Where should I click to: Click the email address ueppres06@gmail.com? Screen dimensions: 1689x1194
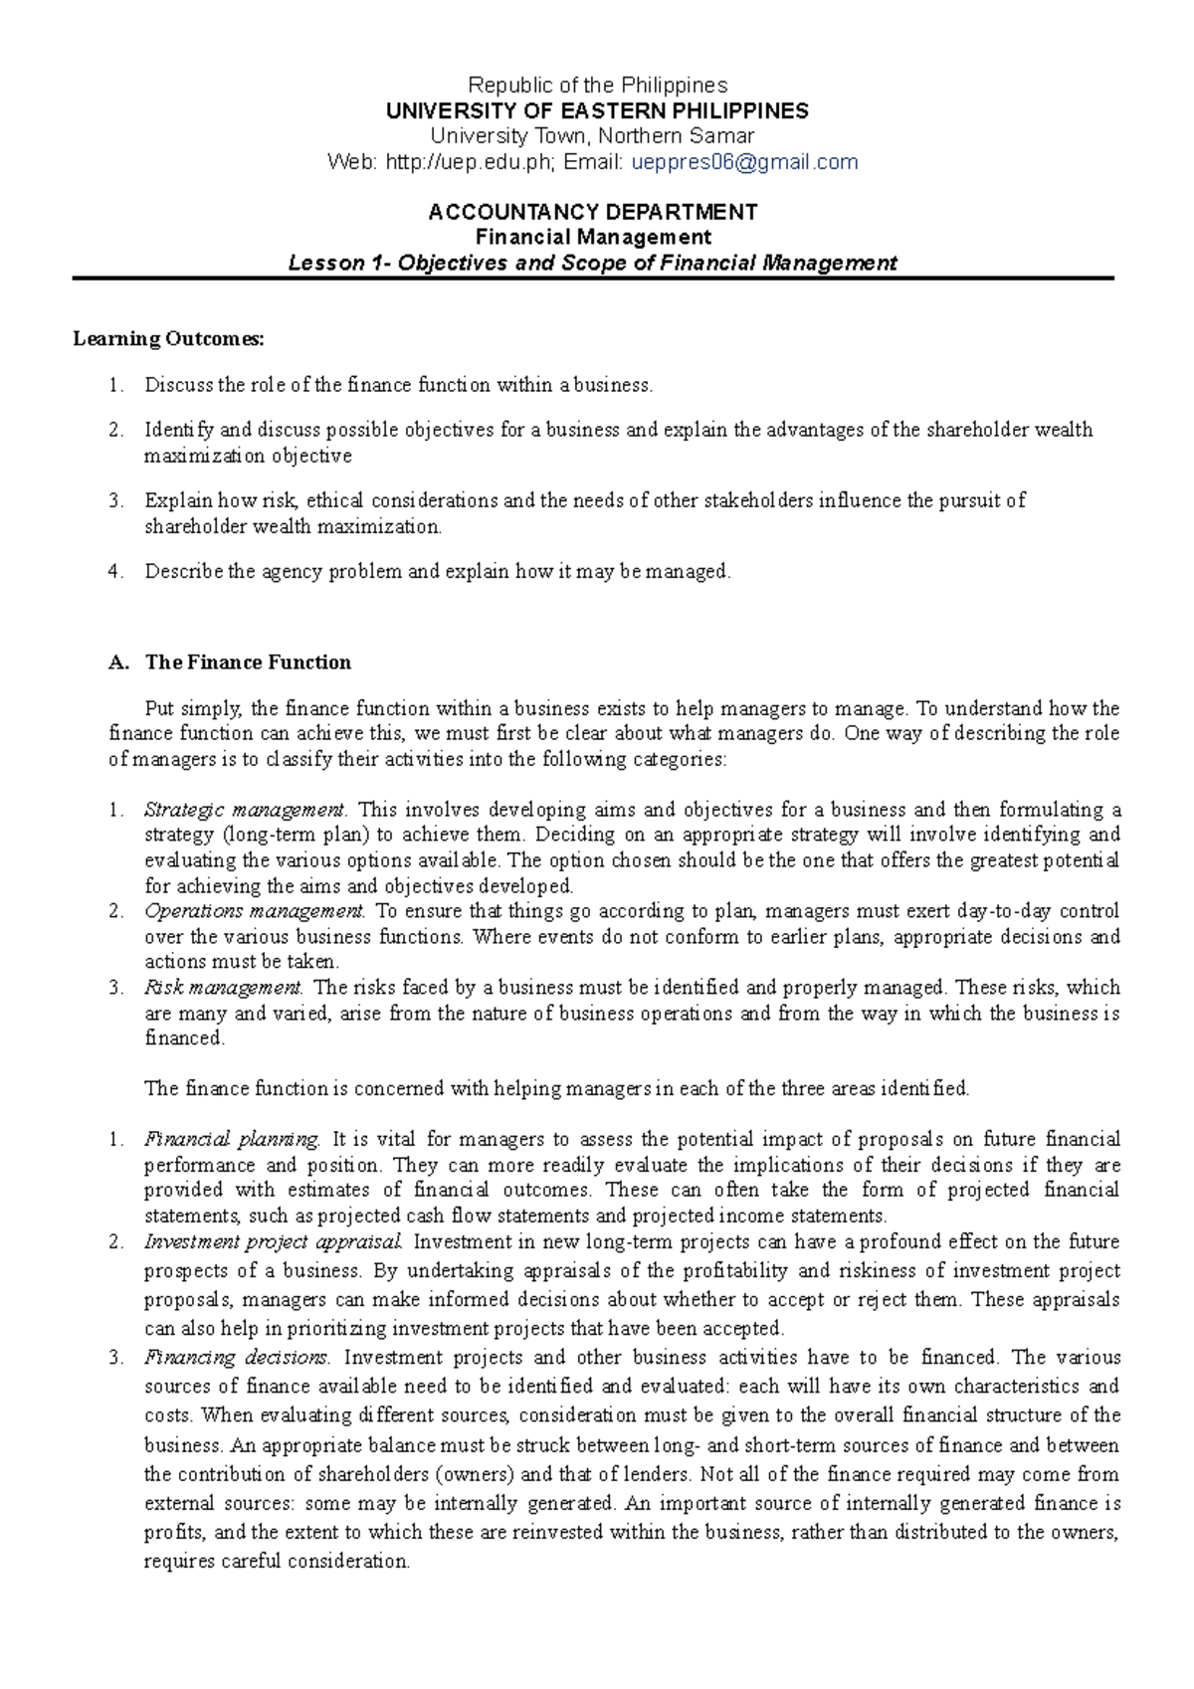click(x=745, y=162)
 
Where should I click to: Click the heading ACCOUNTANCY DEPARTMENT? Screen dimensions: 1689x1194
click(x=593, y=212)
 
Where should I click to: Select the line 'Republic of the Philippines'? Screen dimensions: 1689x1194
click(x=597, y=86)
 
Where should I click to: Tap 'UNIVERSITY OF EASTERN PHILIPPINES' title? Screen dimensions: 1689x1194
click(x=597, y=110)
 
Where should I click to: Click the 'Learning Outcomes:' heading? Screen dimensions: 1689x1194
click(x=169, y=339)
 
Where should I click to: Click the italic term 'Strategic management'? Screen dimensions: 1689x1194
click(x=244, y=810)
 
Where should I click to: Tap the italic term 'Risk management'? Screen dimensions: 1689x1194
click(x=223, y=988)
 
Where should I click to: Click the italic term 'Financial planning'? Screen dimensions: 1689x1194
click(x=232, y=1139)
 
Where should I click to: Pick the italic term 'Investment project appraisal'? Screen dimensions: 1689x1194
click(x=274, y=1241)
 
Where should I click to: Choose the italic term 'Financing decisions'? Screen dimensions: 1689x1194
click(x=237, y=1357)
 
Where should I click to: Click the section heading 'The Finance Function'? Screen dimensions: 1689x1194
click(x=248, y=662)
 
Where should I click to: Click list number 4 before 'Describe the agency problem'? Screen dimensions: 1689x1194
click(x=114, y=572)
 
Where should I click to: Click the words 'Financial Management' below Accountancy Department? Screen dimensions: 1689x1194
click(x=593, y=238)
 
